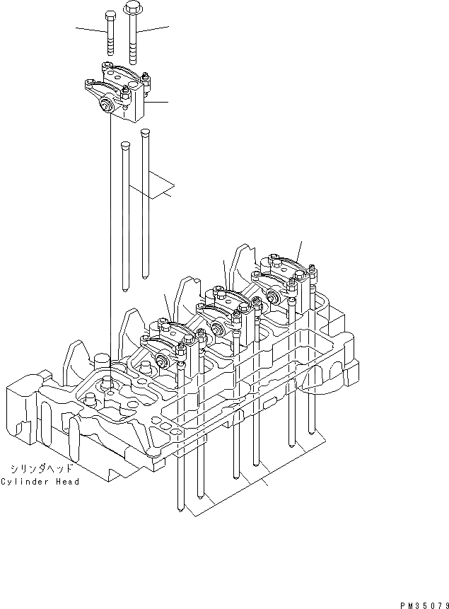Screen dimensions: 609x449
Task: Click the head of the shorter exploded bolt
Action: [110, 15]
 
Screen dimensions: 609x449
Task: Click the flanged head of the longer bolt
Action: [132, 8]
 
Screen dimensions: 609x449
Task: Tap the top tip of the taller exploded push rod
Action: [145, 132]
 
